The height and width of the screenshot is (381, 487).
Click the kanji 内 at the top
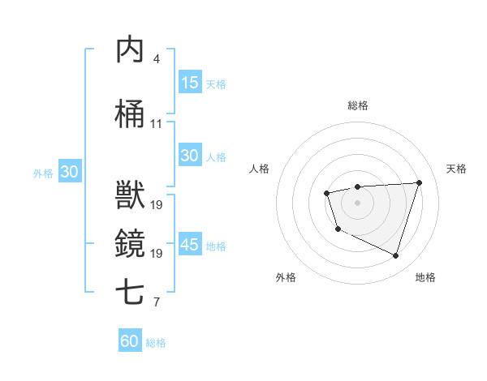[131, 50]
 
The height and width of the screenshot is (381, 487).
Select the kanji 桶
[131, 114]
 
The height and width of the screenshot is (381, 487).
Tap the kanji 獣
[131, 195]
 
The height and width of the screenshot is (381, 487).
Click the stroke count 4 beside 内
[157, 59]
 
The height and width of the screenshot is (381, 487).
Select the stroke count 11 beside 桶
[156, 124]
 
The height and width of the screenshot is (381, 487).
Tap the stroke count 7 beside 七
[157, 303]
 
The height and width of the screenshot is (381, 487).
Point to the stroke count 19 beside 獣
[156, 204]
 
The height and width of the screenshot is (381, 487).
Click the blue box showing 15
[189, 82]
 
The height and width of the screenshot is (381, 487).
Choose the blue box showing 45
[189, 245]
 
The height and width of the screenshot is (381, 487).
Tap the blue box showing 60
[130, 341]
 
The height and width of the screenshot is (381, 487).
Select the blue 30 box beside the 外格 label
[69, 172]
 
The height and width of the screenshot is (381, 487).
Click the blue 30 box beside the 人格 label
[189, 156]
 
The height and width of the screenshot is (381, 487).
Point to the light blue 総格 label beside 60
[156, 343]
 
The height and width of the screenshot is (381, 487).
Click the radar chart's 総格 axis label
[357, 105]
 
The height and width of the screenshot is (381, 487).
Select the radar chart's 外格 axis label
[286, 277]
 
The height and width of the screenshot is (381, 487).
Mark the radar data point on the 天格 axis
[419, 182]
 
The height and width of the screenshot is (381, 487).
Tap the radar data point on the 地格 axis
[395, 256]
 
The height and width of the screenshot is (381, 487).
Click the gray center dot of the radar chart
[357, 202]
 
